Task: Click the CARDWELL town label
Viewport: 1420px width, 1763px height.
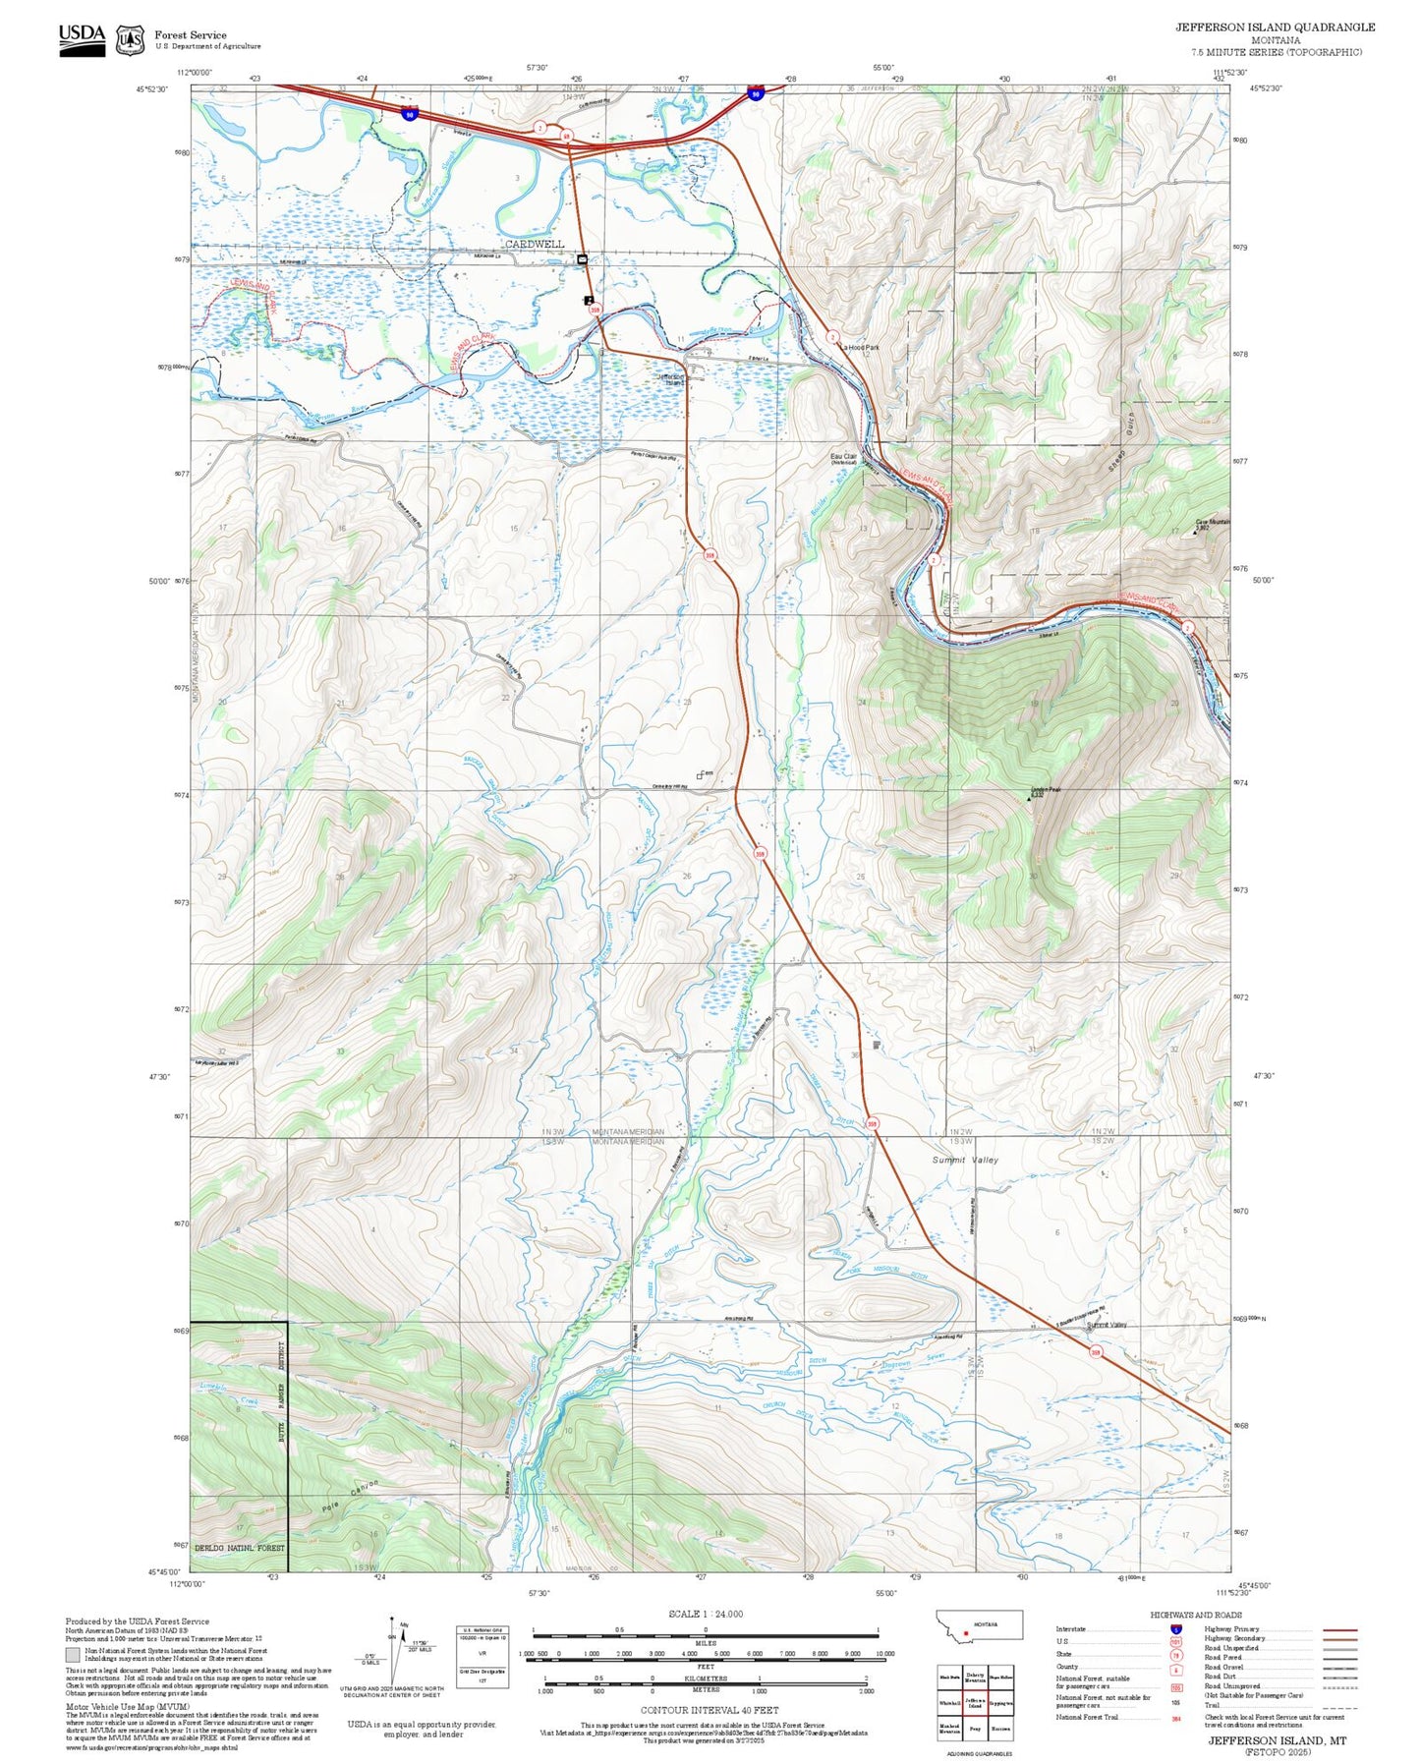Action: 535,244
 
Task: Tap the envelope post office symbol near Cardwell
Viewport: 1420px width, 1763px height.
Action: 583,259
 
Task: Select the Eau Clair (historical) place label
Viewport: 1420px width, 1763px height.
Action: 844,458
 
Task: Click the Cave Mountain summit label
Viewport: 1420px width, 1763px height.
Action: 1213,523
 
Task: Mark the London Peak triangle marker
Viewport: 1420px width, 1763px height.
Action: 1029,799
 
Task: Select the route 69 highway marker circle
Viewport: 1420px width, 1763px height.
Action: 567,136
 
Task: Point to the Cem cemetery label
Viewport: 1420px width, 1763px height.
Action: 707,773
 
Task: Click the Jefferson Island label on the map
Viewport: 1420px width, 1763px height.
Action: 672,378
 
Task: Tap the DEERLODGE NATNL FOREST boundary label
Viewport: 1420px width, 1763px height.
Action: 239,1548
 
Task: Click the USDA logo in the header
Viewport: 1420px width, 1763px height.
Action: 82,39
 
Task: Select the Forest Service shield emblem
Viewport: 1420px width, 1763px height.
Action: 130,40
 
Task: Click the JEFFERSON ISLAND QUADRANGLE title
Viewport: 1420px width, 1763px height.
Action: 1275,28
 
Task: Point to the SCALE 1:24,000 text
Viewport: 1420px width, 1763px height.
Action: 706,1614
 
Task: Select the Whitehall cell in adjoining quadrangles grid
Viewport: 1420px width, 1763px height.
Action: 949,1704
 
